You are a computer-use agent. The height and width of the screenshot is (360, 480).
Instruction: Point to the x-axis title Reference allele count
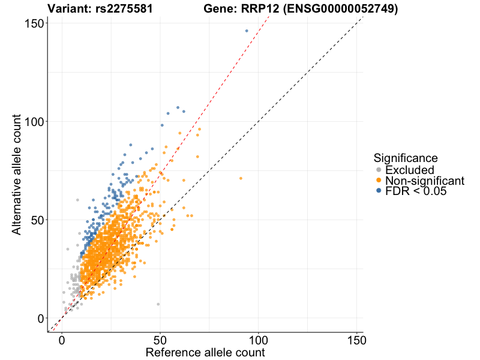pos(205,352)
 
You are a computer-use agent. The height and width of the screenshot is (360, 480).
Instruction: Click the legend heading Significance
pos(406,158)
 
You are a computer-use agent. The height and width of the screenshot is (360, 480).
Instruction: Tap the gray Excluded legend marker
pos(379,170)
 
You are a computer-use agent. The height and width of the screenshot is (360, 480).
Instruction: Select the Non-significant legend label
pos(425,181)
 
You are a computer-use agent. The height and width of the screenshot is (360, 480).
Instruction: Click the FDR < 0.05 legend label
pos(416,191)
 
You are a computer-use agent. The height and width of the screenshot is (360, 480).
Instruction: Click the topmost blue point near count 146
pos(247,31)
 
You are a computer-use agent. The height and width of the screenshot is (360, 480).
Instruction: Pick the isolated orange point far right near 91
pos(241,178)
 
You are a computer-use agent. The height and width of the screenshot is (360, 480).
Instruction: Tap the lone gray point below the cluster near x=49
pos(158,304)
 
